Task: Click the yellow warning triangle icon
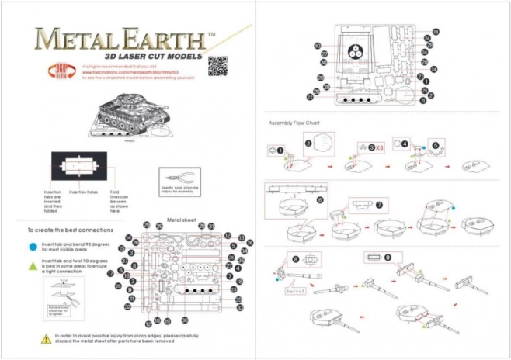click(47, 337)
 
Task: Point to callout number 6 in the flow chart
click(319, 199)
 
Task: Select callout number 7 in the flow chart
click(379, 206)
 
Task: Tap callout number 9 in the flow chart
click(367, 257)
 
